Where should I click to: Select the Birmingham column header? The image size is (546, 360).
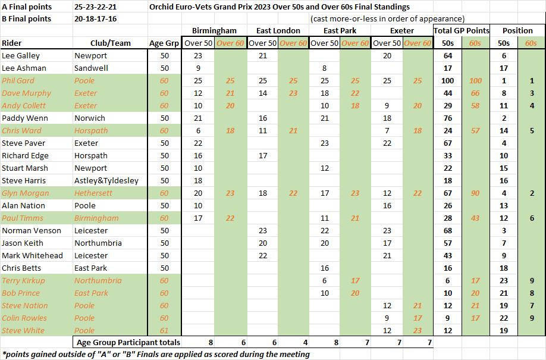tap(214, 30)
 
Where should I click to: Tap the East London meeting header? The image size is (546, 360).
tap(277, 30)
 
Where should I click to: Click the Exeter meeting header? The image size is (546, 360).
tap(401, 30)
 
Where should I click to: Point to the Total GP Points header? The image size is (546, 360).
tap(462, 30)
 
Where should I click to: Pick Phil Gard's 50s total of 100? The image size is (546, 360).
tap(448, 80)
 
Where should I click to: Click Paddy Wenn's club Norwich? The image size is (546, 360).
tap(90, 118)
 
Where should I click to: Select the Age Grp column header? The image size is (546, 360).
tap(164, 43)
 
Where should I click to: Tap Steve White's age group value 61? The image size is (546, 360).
tap(164, 330)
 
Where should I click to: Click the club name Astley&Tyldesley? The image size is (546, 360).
tap(106, 180)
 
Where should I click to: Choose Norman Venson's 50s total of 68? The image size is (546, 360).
tap(448, 230)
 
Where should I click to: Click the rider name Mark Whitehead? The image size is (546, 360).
tap(32, 255)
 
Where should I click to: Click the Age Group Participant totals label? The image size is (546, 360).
tap(128, 342)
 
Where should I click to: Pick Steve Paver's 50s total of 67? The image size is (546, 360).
tap(448, 143)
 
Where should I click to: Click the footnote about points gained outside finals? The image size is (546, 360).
tap(156, 354)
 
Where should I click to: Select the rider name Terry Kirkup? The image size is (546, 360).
tap(23, 280)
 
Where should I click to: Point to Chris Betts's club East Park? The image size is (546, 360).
tap(91, 268)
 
